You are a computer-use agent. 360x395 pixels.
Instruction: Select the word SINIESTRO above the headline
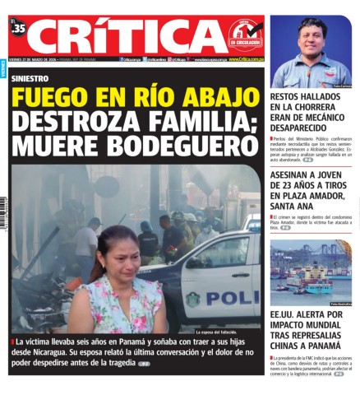pyautogui.click(x=30, y=78)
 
